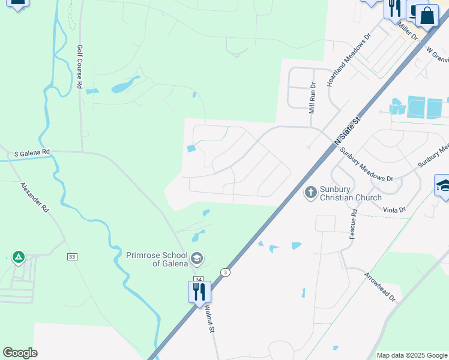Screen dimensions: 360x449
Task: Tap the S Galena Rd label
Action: pos(32,154)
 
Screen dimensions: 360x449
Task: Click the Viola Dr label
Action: pos(394,209)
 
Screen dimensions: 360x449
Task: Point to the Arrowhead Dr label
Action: pos(380,284)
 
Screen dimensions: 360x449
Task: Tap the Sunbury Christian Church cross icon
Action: pos(310,193)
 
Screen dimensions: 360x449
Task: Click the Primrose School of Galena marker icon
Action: pos(197,259)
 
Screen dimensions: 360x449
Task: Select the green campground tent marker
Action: pos(19,257)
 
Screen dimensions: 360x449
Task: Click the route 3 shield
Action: pos(224,271)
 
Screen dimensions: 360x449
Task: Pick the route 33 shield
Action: pos(73,256)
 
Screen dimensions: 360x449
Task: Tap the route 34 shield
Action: pos(199,280)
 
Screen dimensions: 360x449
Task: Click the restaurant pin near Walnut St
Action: pos(199,292)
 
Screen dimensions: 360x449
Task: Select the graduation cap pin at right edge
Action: pos(444,185)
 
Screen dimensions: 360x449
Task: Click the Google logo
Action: pos(20,353)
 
